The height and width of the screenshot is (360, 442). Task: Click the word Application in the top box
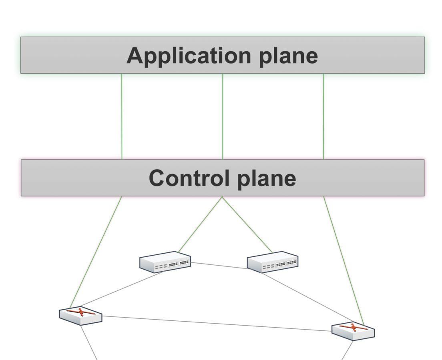pyautogui.click(x=189, y=56)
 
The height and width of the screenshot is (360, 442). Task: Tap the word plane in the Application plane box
pyautogui.click(x=288, y=56)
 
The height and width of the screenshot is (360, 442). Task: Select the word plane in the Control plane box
pyautogui.click(x=267, y=179)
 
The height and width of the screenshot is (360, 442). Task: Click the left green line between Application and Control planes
pyautogui.click(x=122, y=116)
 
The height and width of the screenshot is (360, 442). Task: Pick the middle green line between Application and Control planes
pyautogui.click(x=223, y=116)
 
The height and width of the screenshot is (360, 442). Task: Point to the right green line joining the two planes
pyautogui.click(x=323, y=116)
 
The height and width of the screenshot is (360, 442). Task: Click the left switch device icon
pyautogui.click(x=165, y=262)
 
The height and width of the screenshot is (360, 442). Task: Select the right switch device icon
pyautogui.click(x=273, y=262)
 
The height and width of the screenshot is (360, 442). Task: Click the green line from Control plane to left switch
pyautogui.click(x=200, y=224)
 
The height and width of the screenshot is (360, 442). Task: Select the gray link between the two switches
pyautogui.click(x=219, y=266)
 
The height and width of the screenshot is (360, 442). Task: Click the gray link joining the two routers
pyautogui.click(x=216, y=324)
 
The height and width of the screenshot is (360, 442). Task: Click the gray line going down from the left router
pyautogui.click(x=89, y=342)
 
